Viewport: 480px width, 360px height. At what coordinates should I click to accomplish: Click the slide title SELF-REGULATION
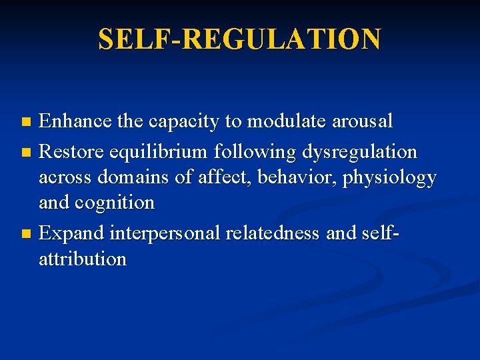[239, 39]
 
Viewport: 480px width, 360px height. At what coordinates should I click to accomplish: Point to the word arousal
[365, 121]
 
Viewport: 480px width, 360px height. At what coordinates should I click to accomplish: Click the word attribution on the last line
[82, 258]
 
